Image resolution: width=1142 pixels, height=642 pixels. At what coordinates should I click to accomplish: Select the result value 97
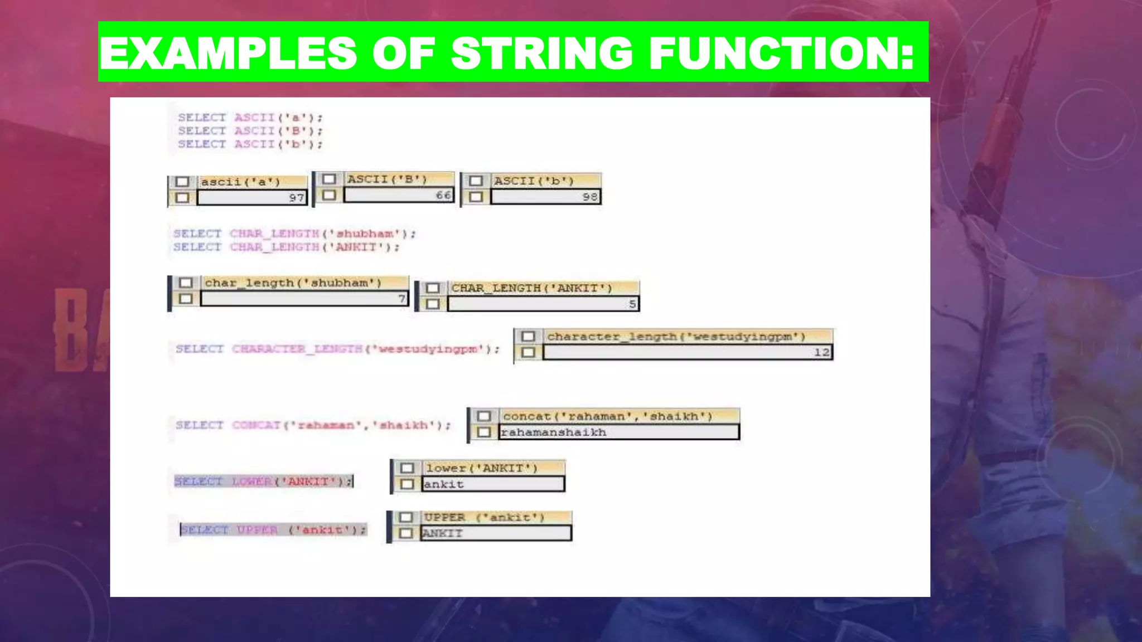click(296, 198)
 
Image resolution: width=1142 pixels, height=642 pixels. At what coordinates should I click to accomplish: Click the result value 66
click(443, 195)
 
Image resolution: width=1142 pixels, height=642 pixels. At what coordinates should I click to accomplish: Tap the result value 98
click(589, 197)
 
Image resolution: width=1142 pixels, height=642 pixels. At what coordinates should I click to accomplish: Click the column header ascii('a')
click(240, 182)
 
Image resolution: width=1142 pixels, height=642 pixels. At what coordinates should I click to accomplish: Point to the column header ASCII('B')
click(387, 179)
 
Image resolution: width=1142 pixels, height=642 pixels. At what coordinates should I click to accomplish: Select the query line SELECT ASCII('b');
click(250, 144)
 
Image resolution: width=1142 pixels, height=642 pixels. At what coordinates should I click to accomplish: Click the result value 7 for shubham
click(401, 299)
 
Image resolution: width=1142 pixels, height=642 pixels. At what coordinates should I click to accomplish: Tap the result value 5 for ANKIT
click(632, 304)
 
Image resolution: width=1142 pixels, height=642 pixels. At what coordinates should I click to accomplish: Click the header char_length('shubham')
click(293, 283)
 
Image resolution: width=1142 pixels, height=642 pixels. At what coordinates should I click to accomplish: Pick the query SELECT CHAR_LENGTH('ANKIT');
click(286, 247)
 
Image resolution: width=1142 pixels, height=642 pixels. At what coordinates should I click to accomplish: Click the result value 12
click(821, 352)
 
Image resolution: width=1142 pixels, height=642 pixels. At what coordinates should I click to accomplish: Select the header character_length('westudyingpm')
click(676, 336)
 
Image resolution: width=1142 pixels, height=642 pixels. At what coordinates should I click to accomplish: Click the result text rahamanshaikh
click(553, 432)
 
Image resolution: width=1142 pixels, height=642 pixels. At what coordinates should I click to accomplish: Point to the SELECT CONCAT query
click(313, 425)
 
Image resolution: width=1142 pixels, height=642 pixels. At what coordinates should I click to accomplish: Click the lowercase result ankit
click(444, 484)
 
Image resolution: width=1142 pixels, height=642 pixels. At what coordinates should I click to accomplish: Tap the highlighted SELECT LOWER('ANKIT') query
click(263, 481)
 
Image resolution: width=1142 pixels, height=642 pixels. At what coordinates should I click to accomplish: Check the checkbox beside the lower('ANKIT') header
click(407, 468)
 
